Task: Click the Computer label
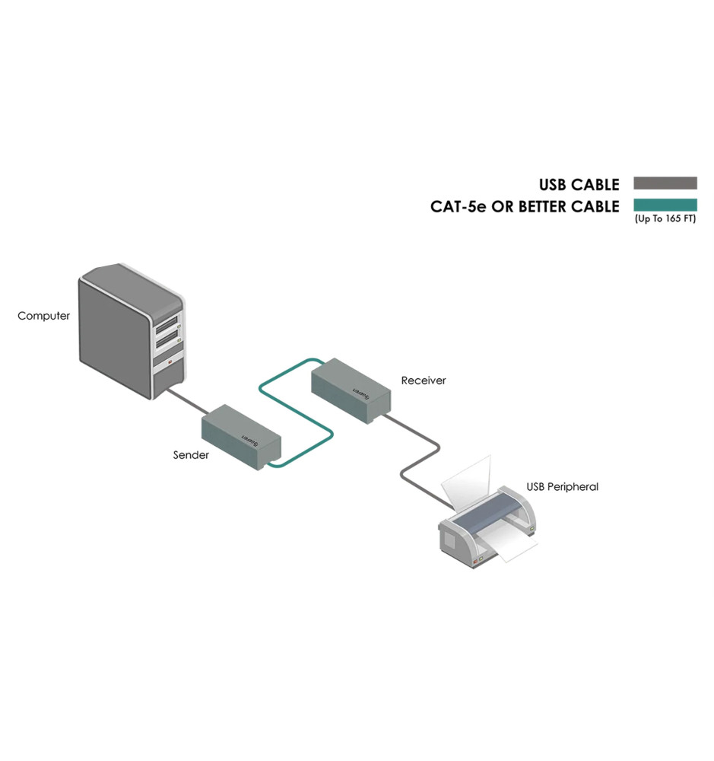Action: (x=43, y=316)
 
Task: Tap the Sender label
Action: (x=190, y=455)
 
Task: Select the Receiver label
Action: (x=424, y=380)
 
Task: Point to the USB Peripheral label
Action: (x=562, y=487)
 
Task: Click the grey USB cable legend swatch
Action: (x=665, y=183)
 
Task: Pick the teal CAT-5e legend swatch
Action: (x=665, y=205)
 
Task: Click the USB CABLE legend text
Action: (x=579, y=184)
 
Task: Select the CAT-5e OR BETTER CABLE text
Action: (x=525, y=206)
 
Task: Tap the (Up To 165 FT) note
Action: (x=665, y=219)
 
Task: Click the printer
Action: (x=487, y=533)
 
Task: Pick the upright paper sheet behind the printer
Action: (x=468, y=483)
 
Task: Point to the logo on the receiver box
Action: (x=360, y=392)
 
